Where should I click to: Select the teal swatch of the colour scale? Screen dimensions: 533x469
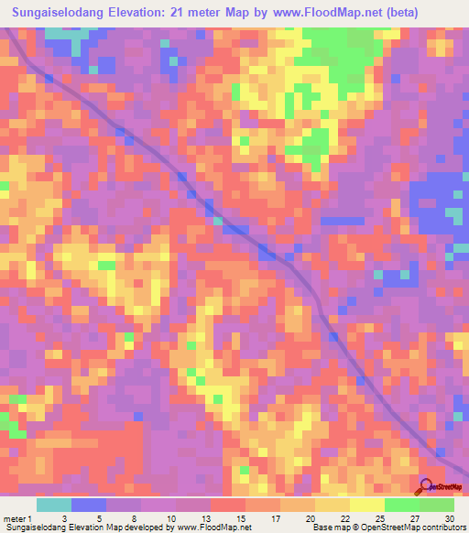[54, 505]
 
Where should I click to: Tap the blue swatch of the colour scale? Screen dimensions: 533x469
[89, 505]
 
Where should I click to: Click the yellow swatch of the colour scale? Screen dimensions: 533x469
[333, 505]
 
